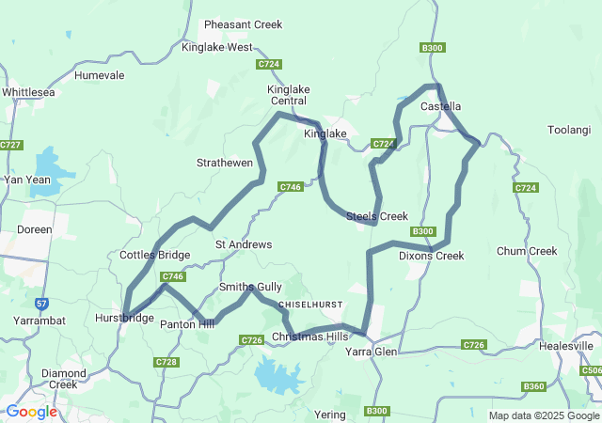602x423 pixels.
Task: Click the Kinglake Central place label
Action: click(289, 95)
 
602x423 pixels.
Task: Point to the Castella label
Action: click(440, 106)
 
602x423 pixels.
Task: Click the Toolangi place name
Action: click(568, 129)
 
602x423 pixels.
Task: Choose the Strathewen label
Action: click(224, 163)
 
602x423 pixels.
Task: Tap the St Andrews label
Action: click(244, 244)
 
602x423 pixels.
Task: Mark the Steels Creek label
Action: click(377, 216)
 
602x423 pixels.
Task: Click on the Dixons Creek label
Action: click(431, 256)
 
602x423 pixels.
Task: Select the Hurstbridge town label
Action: click(125, 319)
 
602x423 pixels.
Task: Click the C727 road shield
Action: click(11, 145)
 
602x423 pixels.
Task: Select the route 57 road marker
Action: click(41, 303)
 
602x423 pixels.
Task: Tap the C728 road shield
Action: click(166, 362)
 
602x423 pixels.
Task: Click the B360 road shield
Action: click(533, 386)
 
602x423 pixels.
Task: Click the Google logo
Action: click(31, 412)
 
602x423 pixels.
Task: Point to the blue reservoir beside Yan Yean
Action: click(51, 175)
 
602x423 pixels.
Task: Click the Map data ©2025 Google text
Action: click(543, 415)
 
